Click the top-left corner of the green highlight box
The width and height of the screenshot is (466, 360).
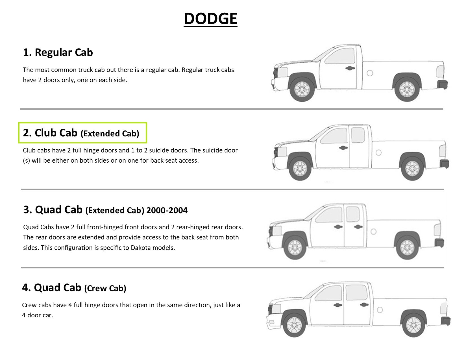(19, 123)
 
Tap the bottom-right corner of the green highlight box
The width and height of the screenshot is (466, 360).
(147, 143)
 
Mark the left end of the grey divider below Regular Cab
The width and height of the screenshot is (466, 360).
(20, 109)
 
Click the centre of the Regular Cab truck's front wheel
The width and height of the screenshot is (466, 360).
(302, 89)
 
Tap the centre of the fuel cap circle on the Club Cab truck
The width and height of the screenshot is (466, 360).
(379, 152)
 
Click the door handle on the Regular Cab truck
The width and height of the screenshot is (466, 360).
(350, 68)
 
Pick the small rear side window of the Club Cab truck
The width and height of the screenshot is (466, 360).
(358, 135)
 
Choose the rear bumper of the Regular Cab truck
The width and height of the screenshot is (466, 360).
(442, 84)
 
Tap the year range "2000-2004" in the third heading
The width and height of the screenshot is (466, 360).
(167, 210)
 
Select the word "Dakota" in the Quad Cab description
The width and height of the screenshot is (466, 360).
(141, 248)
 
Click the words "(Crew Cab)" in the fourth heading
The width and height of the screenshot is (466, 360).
(105, 288)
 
